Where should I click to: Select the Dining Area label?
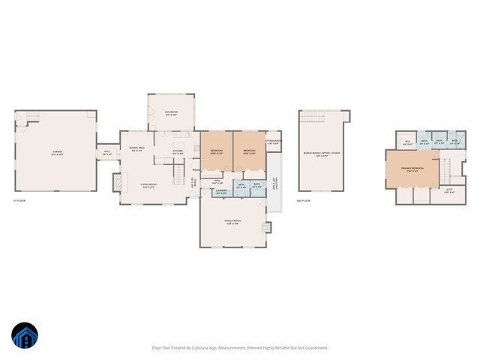[136, 148]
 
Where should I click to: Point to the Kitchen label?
[178, 152]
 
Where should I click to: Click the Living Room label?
[148, 185]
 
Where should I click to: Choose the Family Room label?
[232, 222]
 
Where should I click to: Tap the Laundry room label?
[220, 193]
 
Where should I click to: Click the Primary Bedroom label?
[412, 169]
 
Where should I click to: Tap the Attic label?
[449, 191]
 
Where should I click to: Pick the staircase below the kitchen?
[179, 175]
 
